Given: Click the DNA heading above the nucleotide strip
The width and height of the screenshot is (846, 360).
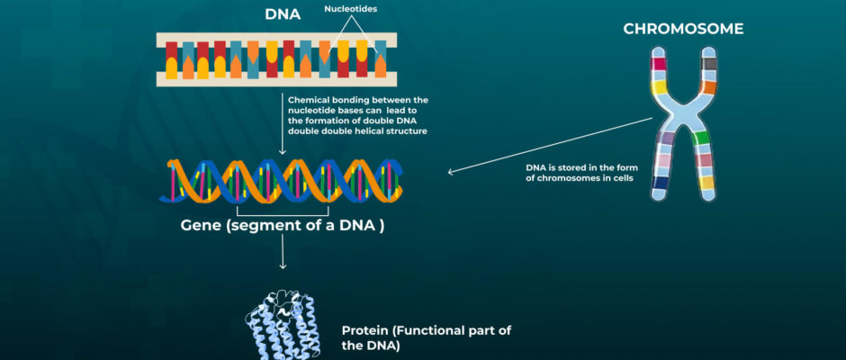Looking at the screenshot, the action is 283,14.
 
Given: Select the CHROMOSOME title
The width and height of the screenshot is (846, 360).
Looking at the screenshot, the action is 683,29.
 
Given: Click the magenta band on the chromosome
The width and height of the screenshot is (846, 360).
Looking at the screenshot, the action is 658,64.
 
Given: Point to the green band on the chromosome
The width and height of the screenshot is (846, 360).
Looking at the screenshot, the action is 701,139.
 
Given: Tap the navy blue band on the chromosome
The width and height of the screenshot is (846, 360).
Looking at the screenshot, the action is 659,183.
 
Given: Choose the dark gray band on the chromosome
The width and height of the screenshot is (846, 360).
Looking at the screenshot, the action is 710,64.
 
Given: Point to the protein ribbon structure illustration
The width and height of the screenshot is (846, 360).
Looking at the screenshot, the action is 280,323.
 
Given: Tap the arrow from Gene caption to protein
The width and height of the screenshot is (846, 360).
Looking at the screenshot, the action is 283,252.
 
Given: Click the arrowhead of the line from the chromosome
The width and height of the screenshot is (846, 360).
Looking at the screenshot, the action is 452,172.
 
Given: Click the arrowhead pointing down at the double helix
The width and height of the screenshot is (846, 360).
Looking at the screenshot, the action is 283,152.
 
